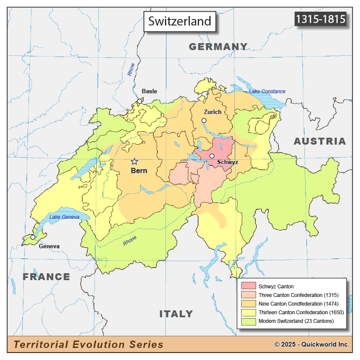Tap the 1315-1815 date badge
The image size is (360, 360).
[x=320, y=19]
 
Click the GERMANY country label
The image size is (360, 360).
[x=218, y=47]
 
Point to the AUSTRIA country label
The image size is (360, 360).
[x=320, y=141]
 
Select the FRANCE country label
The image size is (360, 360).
[x=47, y=277]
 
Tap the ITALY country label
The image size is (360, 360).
[x=176, y=314]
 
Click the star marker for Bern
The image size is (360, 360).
[x=134, y=161]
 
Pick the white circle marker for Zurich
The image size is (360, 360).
[x=204, y=121]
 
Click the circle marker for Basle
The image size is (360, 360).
[x=139, y=101]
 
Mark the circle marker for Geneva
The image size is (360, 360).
[x=33, y=237]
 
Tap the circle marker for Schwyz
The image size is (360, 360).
[x=212, y=156]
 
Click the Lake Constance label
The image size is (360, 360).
[x=267, y=92]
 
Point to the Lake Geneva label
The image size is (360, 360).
[x=64, y=217]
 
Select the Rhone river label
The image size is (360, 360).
[x=129, y=241]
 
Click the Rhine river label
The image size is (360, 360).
[x=131, y=70]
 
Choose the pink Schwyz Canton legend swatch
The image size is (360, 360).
[x=249, y=286]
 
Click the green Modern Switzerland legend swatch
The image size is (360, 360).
[x=249, y=321]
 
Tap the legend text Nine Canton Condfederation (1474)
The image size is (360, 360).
[x=296, y=304]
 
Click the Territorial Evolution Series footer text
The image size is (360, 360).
[x=88, y=344]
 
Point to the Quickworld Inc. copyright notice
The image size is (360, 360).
[x=312, y=344]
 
